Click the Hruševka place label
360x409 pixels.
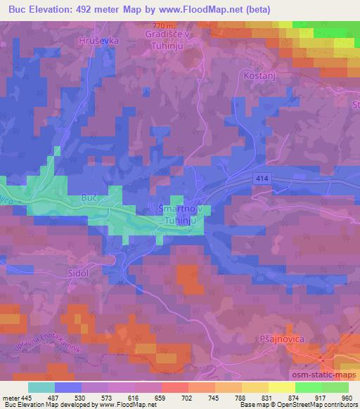pos(99,41)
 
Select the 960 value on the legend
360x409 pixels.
pos(347,398)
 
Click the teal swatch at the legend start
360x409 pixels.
pos(41,387)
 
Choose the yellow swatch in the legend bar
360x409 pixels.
pos(282,387)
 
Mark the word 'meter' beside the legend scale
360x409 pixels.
pos(10,398)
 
